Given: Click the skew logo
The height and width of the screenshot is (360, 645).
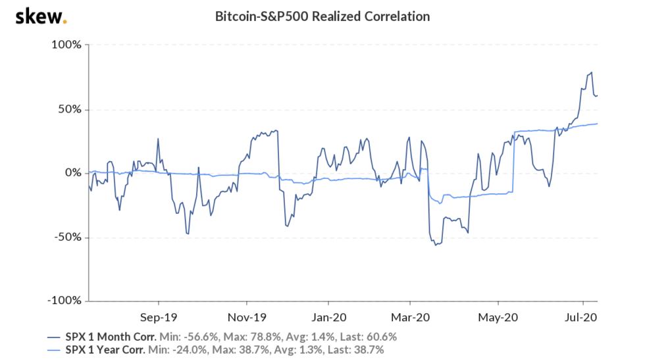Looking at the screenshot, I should coord(40,16).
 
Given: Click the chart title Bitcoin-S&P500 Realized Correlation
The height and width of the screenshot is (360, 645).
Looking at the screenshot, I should coord(322,16).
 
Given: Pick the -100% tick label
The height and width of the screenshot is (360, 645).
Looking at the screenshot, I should coord(64,301).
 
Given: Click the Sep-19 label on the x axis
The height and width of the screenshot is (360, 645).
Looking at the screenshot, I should coord(159,315).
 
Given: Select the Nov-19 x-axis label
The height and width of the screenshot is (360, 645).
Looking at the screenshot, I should coord(246,315).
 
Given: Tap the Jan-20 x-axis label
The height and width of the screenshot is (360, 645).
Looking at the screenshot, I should coord(328,315).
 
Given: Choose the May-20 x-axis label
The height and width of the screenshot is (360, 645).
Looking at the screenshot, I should coord(498,315).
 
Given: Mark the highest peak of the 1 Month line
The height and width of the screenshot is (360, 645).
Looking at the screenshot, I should coord(592,72).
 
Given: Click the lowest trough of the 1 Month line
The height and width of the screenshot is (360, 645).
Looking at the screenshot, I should coord(435,245).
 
